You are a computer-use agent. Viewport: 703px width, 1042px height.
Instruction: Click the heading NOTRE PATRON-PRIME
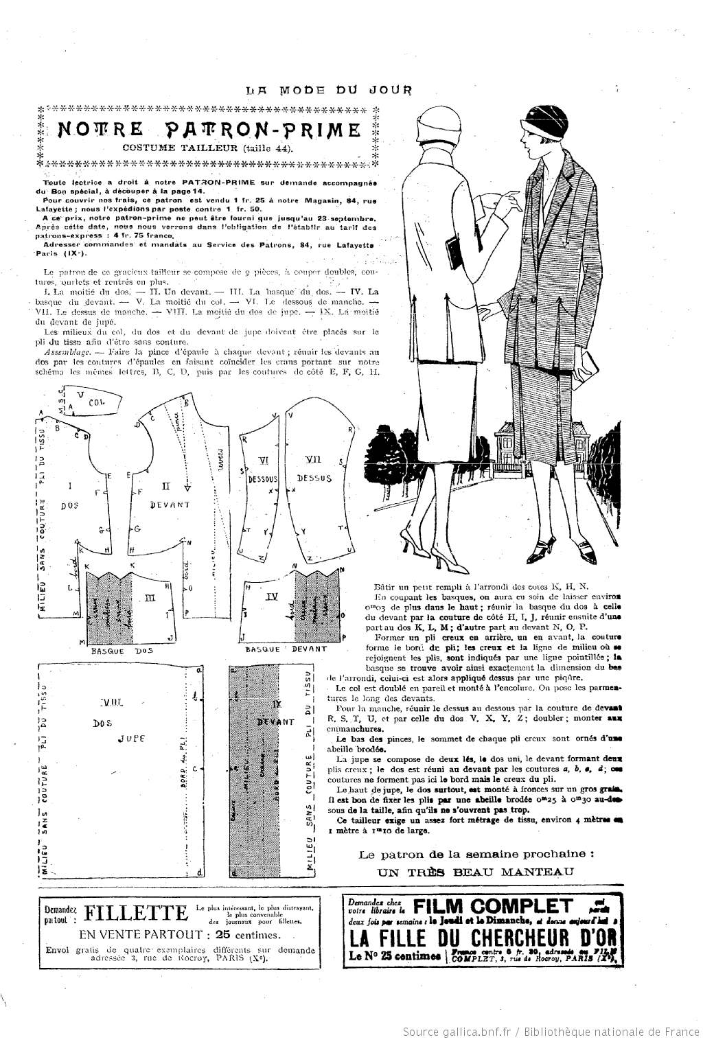[x=209, y=130]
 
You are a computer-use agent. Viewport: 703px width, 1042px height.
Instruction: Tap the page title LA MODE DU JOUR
[x=329, y=89]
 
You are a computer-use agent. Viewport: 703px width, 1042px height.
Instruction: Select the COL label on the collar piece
[x=95, y=403]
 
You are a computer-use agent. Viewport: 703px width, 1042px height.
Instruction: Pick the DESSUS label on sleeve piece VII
[x=316, y=478]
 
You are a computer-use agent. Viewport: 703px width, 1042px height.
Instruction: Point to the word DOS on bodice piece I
[x=67, y=505]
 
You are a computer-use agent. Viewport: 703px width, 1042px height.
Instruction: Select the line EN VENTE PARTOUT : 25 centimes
[x=179, y=935]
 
